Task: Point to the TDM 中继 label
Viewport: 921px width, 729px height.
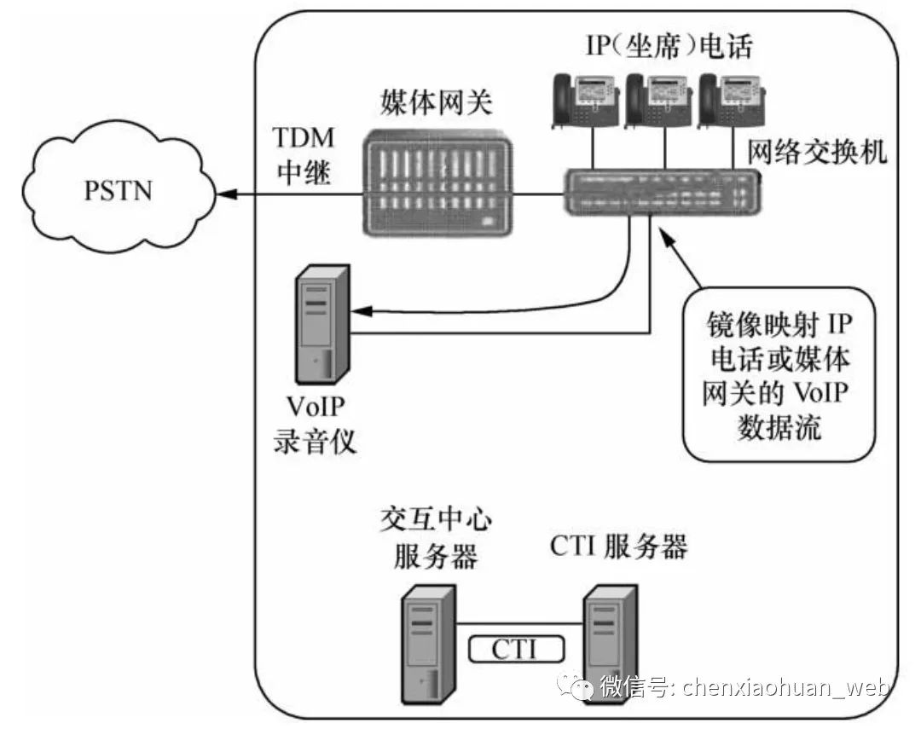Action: click(x=304, y=157)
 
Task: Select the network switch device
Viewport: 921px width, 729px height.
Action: click(x=662, y=192)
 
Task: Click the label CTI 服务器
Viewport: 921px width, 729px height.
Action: click(x=619, y=546)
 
